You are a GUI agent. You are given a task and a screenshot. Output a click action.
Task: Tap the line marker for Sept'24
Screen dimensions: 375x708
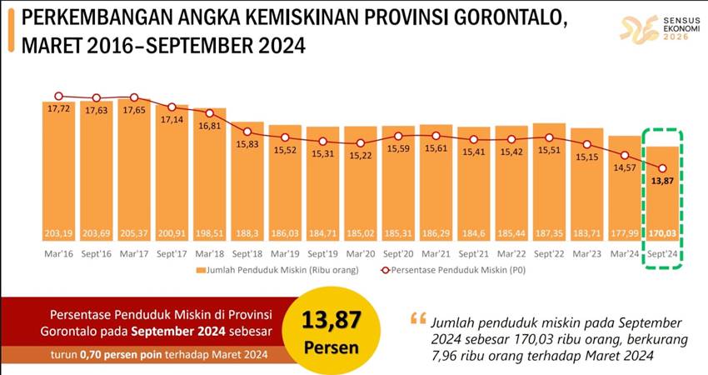pos(662,169)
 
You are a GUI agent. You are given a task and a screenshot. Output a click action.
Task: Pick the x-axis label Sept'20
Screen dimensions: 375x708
pos(398,252)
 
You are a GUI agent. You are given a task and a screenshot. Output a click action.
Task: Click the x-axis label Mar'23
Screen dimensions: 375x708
pos(586,252)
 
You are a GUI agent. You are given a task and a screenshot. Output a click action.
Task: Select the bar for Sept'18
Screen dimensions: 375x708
pos(247,183)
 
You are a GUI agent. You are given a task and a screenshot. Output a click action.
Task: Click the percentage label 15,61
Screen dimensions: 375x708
pos(436,148)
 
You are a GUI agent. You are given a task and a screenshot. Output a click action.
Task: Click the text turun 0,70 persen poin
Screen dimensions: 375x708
pos(153,357)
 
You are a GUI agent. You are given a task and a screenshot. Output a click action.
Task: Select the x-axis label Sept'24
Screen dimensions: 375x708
pos(662,252)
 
